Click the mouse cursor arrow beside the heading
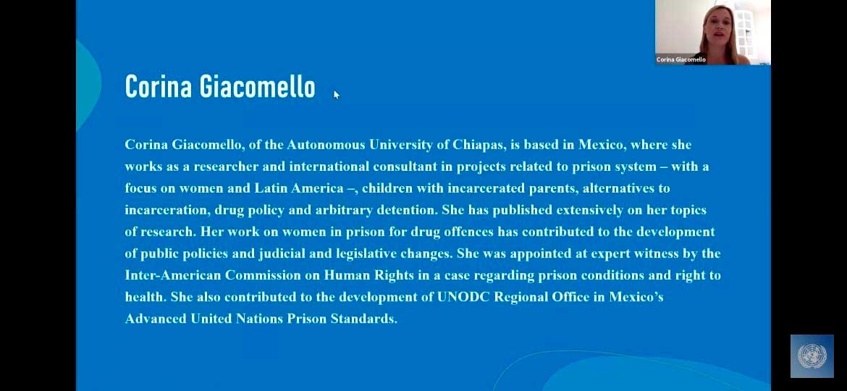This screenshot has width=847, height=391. point(337,95)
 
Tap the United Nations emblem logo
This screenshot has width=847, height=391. point(812,356)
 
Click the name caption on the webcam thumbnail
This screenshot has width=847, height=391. point(680,59)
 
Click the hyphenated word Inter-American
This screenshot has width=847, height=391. point(173,275)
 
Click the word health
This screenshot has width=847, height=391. point(146,297)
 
